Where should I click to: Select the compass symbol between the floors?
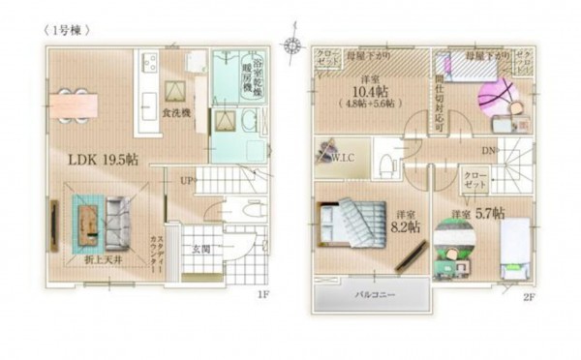(x=291, y=45)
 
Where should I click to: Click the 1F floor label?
(x=261, y=294)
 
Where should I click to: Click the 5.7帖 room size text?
(x=481, y=213)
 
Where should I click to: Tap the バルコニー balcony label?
(x=372, y=292)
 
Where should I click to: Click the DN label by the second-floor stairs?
(x=487, y=150)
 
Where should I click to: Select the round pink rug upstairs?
(x=494, y=98)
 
